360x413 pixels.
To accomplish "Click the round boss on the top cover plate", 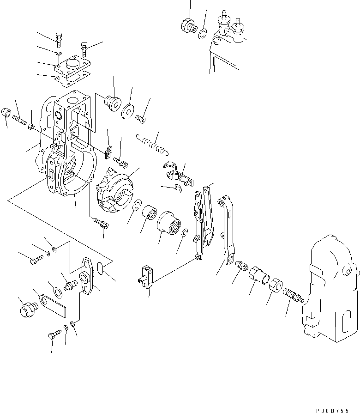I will [72, 63].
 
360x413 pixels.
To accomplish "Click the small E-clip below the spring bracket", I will [177, 187].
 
